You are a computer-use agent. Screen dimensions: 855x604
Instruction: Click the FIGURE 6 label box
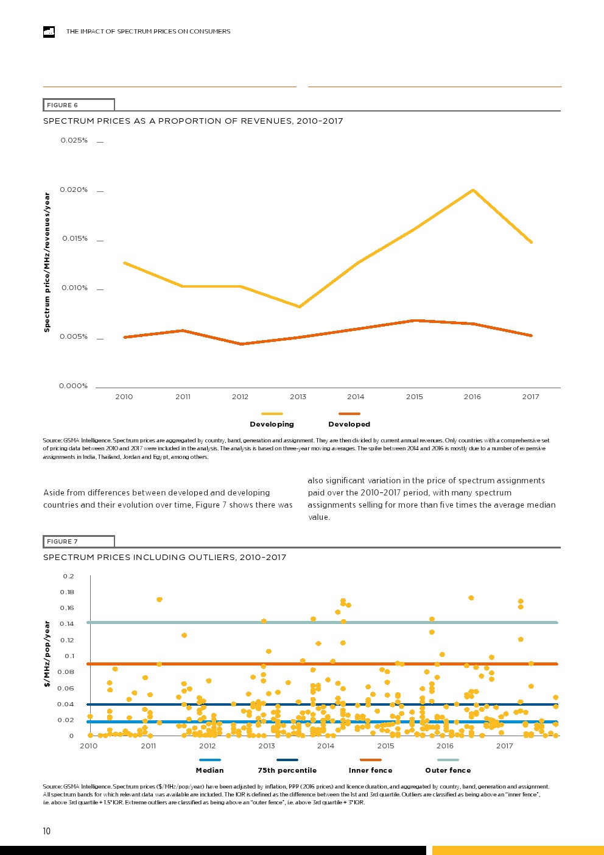(x=79, y=105)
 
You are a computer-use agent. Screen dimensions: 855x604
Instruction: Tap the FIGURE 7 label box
(x=79, y=541)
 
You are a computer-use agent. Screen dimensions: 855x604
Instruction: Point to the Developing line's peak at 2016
(x=473, y=190)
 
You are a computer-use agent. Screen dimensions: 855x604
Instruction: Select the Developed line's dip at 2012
(x=241, y=344)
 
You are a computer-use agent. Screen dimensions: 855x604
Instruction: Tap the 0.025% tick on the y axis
(x=74, y=141)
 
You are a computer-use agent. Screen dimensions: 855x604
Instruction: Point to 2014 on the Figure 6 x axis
(x=356, y=397)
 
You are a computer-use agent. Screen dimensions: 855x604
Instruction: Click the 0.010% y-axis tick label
(x=74, y=288)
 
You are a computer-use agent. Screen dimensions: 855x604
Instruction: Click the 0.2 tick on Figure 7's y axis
(x=68, y=577)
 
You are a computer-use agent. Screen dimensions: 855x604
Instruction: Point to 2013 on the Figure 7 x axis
(x=267, y=746)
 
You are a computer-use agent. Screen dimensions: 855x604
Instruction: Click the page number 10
(x=47, y=831)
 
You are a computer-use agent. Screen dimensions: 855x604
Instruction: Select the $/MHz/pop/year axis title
(x=47, y=654)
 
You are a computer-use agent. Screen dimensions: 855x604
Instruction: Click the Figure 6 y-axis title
(x=47, y=263)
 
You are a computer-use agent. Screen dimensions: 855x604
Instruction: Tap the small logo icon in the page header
(x=49, y=32)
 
